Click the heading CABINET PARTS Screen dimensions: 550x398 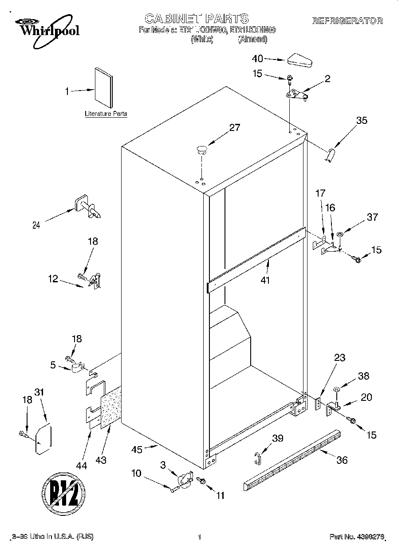(197, 18)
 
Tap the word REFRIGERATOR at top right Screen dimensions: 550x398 (347, 21)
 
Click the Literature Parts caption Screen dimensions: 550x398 (106, 114)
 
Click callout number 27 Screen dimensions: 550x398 (234, 128)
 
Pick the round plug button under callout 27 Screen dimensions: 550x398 (202, 149)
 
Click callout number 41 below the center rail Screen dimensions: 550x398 (265, 280)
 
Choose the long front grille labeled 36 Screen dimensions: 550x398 (293, 459)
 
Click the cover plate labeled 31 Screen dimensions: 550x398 (43, 439)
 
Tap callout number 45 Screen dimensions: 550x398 (137, 449)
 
